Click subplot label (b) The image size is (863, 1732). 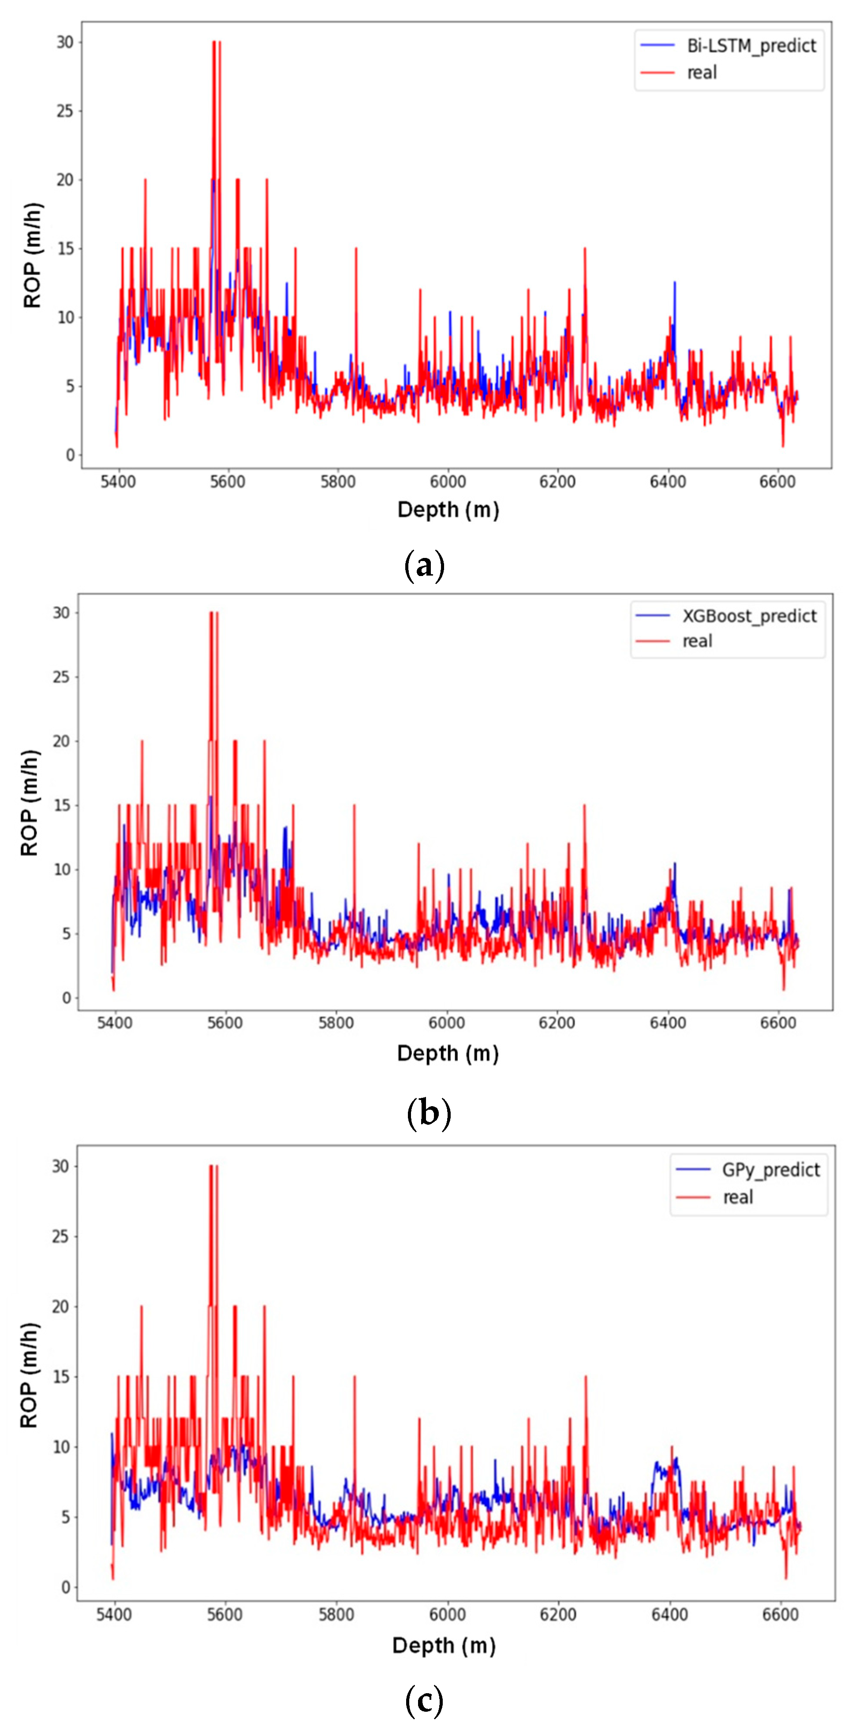coord(429,1113)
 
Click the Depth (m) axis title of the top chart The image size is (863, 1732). coord(448,509)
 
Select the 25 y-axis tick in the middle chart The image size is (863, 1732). coord(61,677)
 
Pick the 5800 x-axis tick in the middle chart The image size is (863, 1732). coord(336,1023)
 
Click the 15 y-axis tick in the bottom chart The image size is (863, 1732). coord(61,1376)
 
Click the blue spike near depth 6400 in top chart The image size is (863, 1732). coord(675,284)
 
